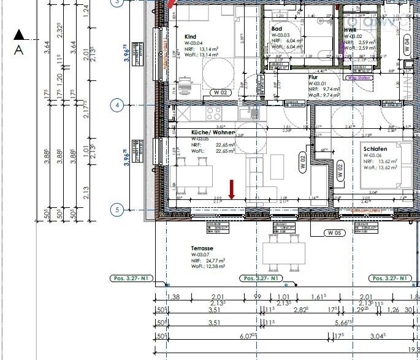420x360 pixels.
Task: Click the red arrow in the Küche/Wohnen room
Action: (232, 190)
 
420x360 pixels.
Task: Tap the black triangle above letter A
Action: (19, 35)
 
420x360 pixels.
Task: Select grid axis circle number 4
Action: (117, 105)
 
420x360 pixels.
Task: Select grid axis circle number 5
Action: (117, 210)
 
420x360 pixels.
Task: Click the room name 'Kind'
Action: (190, 37)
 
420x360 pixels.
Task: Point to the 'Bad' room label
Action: (277, 29)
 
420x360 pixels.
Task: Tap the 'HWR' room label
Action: (350, 29)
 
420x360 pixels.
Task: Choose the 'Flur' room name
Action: (314, 78)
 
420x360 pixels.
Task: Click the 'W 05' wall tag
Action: (334, 233)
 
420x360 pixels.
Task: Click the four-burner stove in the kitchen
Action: (214, 113)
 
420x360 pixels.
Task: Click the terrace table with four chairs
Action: (283, 252)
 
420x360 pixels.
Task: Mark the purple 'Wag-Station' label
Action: (359, 79)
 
